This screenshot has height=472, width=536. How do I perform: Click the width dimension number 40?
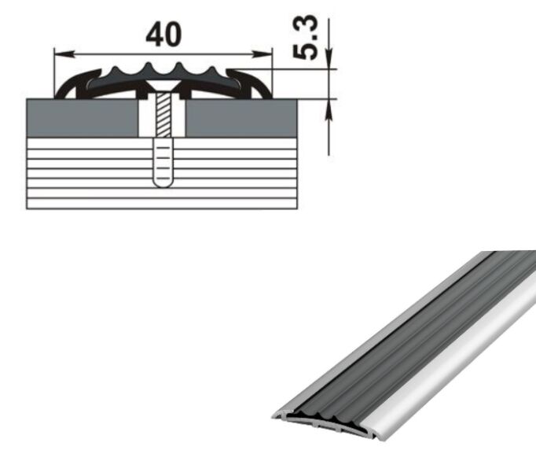click(163, 35)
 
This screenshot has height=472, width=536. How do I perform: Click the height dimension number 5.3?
click(305, 37)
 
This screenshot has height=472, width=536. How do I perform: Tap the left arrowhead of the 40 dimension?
click(64, 54)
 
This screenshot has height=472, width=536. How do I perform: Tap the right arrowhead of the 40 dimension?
click(262, 54)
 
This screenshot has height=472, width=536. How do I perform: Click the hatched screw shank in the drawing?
click(163, 115)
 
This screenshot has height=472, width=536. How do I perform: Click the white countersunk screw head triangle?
click(163, 86)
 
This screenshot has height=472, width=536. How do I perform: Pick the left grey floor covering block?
click(83, 118)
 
